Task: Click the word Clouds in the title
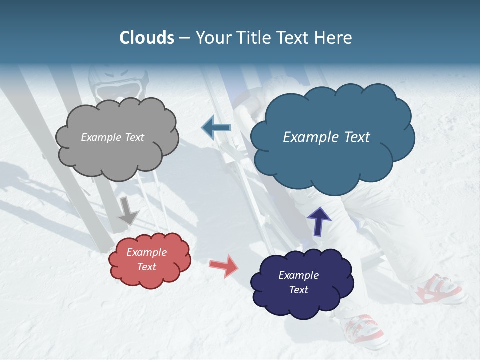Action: pos(147,38)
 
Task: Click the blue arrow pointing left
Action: pos(216,128)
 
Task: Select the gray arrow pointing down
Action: pos(128,210)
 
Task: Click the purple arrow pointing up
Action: pos(318,221)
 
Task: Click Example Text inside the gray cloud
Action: pos(112,137)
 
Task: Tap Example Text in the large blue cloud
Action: pos(326,137)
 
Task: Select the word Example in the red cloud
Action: pos(146,252)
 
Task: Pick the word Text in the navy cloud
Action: pos(299,290)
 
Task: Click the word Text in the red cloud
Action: pos(147,267)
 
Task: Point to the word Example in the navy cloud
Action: pos(298,275)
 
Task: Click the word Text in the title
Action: pos(295,38)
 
